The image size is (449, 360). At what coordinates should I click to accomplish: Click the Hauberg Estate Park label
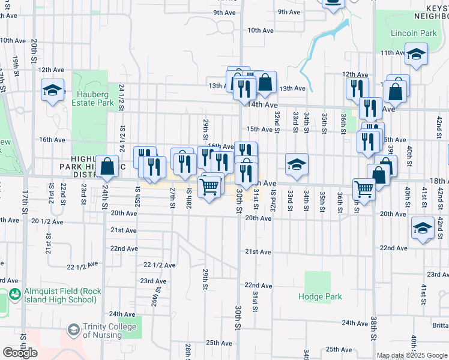[95, 98]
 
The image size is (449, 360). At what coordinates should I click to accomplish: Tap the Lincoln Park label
[414, 33]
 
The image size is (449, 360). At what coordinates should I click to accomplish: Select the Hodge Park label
[321, 296]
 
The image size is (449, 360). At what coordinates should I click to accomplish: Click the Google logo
[20, 353]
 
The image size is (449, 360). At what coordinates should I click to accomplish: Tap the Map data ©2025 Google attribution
[412, 355]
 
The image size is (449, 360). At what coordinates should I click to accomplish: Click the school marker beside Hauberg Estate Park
[53, 91]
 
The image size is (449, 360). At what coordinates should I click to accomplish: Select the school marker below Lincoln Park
[416, 55]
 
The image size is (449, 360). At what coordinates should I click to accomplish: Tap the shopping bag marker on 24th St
[107, 167]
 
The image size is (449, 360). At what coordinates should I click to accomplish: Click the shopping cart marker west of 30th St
[209, 188]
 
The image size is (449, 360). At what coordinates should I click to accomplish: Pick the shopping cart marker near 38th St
[364, 189]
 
